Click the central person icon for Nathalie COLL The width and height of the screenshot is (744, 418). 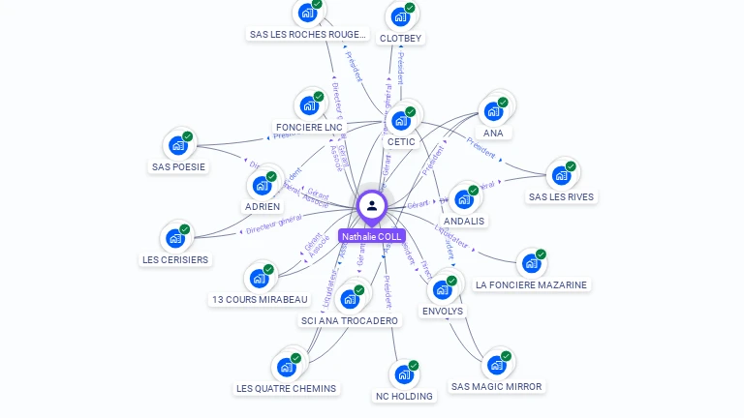(x=371, y=206)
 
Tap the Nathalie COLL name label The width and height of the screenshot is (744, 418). (x=371, y=237)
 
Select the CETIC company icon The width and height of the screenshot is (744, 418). (x=400, y=121)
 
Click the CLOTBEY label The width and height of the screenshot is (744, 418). (x=400, y=39)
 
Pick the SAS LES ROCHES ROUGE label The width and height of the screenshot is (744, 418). (x=308, y=35)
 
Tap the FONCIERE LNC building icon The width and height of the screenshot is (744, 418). (x=308, y=105)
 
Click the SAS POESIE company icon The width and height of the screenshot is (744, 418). (x=177, y=145)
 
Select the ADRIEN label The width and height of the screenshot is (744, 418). (x=263, y=207)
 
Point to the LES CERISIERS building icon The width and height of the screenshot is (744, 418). (x=174, y=238)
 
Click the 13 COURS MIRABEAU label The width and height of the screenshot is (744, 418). (x=260, y=300)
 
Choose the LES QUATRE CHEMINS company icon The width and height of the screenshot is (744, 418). (x=286, y=368)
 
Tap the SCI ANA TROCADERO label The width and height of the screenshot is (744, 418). (x=349, y=321)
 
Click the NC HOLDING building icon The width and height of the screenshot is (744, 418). (x=404, y=374)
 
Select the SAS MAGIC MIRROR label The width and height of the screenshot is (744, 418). (x=497, y=387)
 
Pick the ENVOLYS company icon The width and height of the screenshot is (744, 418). (x=442, y=289)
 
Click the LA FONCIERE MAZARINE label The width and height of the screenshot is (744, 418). (x=531, y=285)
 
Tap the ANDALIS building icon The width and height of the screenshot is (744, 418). (x=464, y=199)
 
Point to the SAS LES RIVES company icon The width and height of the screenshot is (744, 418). (x=561, y=175)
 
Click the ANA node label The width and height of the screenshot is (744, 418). (x=493, y=134)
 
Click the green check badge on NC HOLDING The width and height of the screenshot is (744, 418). (x=414, y=366)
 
